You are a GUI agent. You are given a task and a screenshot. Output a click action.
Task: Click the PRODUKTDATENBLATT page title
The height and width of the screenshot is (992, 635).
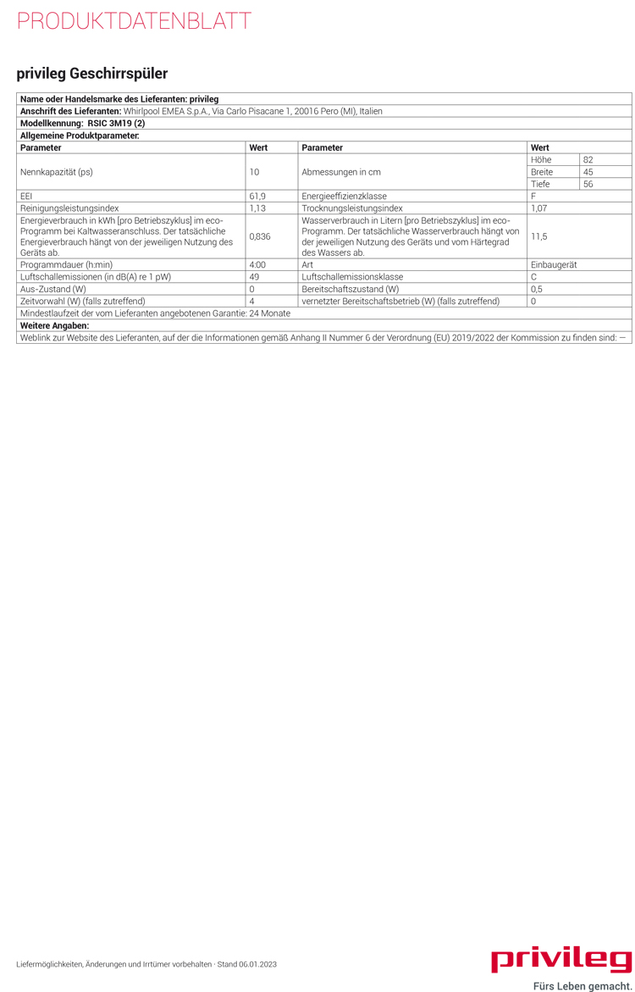click(134, 21)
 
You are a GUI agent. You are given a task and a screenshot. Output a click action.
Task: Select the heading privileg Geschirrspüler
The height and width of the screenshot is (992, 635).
click(92, 74)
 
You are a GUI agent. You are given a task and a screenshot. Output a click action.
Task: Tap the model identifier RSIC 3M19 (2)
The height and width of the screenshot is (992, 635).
click(116, 123)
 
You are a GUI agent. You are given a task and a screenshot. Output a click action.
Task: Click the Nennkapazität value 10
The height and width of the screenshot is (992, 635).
click(254, 172)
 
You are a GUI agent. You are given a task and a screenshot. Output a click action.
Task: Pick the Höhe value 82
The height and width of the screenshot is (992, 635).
click(588, 159)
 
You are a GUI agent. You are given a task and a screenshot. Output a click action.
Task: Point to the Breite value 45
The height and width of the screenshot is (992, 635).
click(588, 172)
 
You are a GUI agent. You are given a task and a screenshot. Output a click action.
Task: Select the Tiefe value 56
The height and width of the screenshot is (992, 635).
click(588, 184)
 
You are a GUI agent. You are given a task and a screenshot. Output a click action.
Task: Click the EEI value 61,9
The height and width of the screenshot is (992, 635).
click(257, 196)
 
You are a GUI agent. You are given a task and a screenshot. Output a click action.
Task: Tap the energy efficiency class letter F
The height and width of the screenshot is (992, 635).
click(533, 196)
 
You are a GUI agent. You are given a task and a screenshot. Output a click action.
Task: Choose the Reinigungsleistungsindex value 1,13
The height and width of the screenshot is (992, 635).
click(257, 208)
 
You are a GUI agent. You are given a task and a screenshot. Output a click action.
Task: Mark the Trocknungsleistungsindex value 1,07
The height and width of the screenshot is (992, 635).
click(539, 208)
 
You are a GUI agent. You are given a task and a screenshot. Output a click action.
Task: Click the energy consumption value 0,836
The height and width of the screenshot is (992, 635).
click(260, 236)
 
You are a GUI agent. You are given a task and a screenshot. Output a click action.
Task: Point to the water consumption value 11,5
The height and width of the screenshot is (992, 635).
click(538, 236)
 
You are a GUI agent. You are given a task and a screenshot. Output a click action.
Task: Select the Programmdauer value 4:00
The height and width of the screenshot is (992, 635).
click(257, 265)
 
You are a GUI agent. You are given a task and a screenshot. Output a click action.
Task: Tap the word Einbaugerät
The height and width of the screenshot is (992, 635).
click(554, 265)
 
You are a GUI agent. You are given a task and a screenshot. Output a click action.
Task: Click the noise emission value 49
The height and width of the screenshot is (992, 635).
click(254, 277)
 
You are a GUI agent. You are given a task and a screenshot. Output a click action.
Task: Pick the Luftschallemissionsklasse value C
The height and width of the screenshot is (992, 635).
click(534, 277)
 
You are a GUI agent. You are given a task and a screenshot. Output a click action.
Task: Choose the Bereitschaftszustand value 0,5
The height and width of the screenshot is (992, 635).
click(537, 289)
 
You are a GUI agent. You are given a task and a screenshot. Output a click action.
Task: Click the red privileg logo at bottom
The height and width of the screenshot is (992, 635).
click(561, 960)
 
